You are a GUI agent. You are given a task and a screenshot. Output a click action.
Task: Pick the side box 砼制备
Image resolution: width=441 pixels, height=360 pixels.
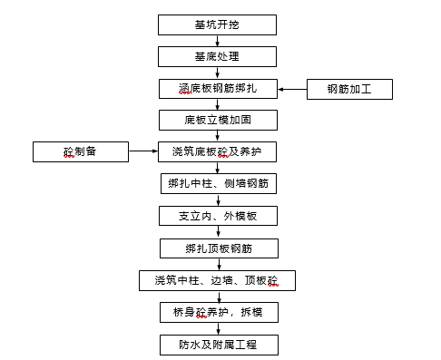[x=81, y=151]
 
